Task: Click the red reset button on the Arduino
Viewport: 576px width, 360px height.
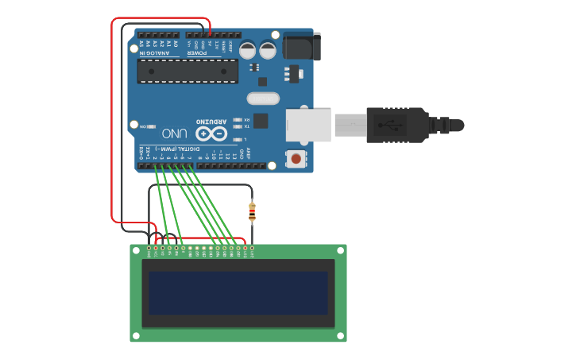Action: (296, 158)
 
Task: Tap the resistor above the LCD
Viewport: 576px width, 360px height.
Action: (253, 211)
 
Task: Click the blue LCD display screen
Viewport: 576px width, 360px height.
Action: (238, 292)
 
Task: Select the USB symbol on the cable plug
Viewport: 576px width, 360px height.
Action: (389, 125)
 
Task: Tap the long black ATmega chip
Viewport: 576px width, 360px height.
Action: (187, 71)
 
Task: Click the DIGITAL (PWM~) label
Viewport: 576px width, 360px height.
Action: (176, 149)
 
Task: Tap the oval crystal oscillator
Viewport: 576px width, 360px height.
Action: (264, 99)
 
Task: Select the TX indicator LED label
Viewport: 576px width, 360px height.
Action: (246, 126)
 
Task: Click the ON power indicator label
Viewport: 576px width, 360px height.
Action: (143, 126)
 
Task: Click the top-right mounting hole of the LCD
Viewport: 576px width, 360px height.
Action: (340, 250)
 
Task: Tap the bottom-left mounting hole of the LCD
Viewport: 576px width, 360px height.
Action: (137, 336)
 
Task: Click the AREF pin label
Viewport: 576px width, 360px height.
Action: (248, 153)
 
